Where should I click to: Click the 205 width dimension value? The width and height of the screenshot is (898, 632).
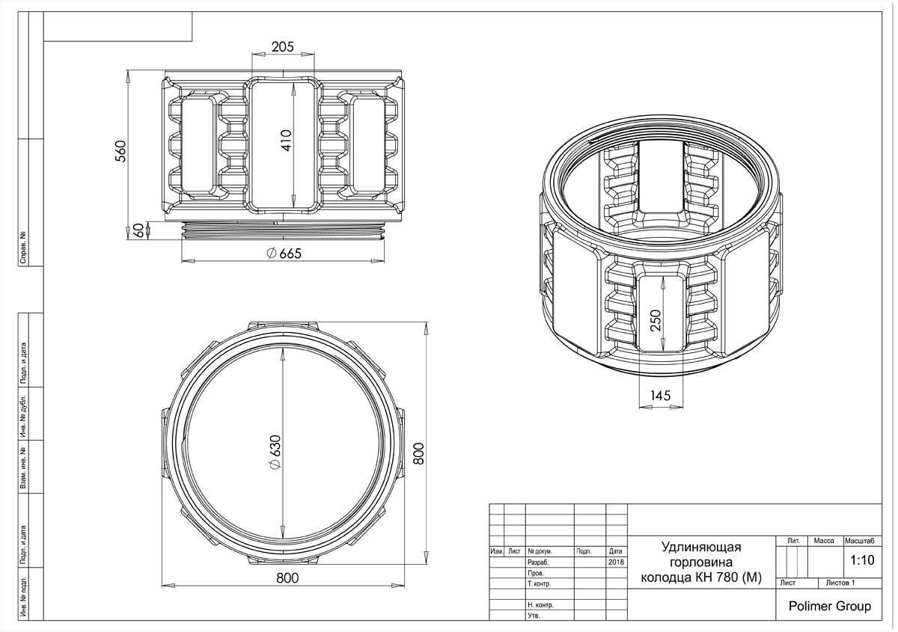(x=283, y=47)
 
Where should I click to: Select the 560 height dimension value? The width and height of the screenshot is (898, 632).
(x=120, y=152)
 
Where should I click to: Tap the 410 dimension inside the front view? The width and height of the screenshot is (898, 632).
(x=286, y=141)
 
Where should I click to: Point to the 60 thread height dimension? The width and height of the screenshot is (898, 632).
(x=138, y=230)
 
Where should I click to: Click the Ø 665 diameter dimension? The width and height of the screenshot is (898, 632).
(x=284, y=254)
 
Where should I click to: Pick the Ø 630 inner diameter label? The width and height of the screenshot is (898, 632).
(x=276, y=452)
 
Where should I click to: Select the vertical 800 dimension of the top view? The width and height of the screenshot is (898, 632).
(x=418, y=454)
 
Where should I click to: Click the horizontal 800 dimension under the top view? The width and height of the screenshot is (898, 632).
(x=287, y=577)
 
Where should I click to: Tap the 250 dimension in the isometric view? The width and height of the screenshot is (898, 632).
(x=655, y=320)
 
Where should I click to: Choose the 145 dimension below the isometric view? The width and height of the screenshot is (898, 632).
(x=660, y=396)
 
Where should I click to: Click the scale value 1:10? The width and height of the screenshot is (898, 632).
(x=862, y=560)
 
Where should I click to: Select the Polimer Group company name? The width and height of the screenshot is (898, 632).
(x=830, y=607)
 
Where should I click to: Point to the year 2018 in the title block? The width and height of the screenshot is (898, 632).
(x=616, y=562)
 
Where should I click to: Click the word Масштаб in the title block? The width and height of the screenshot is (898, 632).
(x=860, y=541)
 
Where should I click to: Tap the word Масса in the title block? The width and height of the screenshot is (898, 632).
(x=824, y=541)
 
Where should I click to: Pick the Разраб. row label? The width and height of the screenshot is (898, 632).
(x=538, y=562)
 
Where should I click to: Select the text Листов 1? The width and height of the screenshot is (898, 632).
(x=840, y=583)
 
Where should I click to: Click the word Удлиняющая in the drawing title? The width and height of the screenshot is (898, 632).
(x=701, y=547)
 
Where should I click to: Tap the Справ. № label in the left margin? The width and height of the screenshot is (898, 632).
(x=23, y=248)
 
